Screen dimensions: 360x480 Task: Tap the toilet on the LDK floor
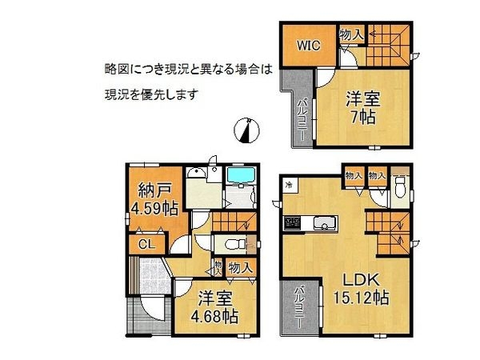400,189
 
